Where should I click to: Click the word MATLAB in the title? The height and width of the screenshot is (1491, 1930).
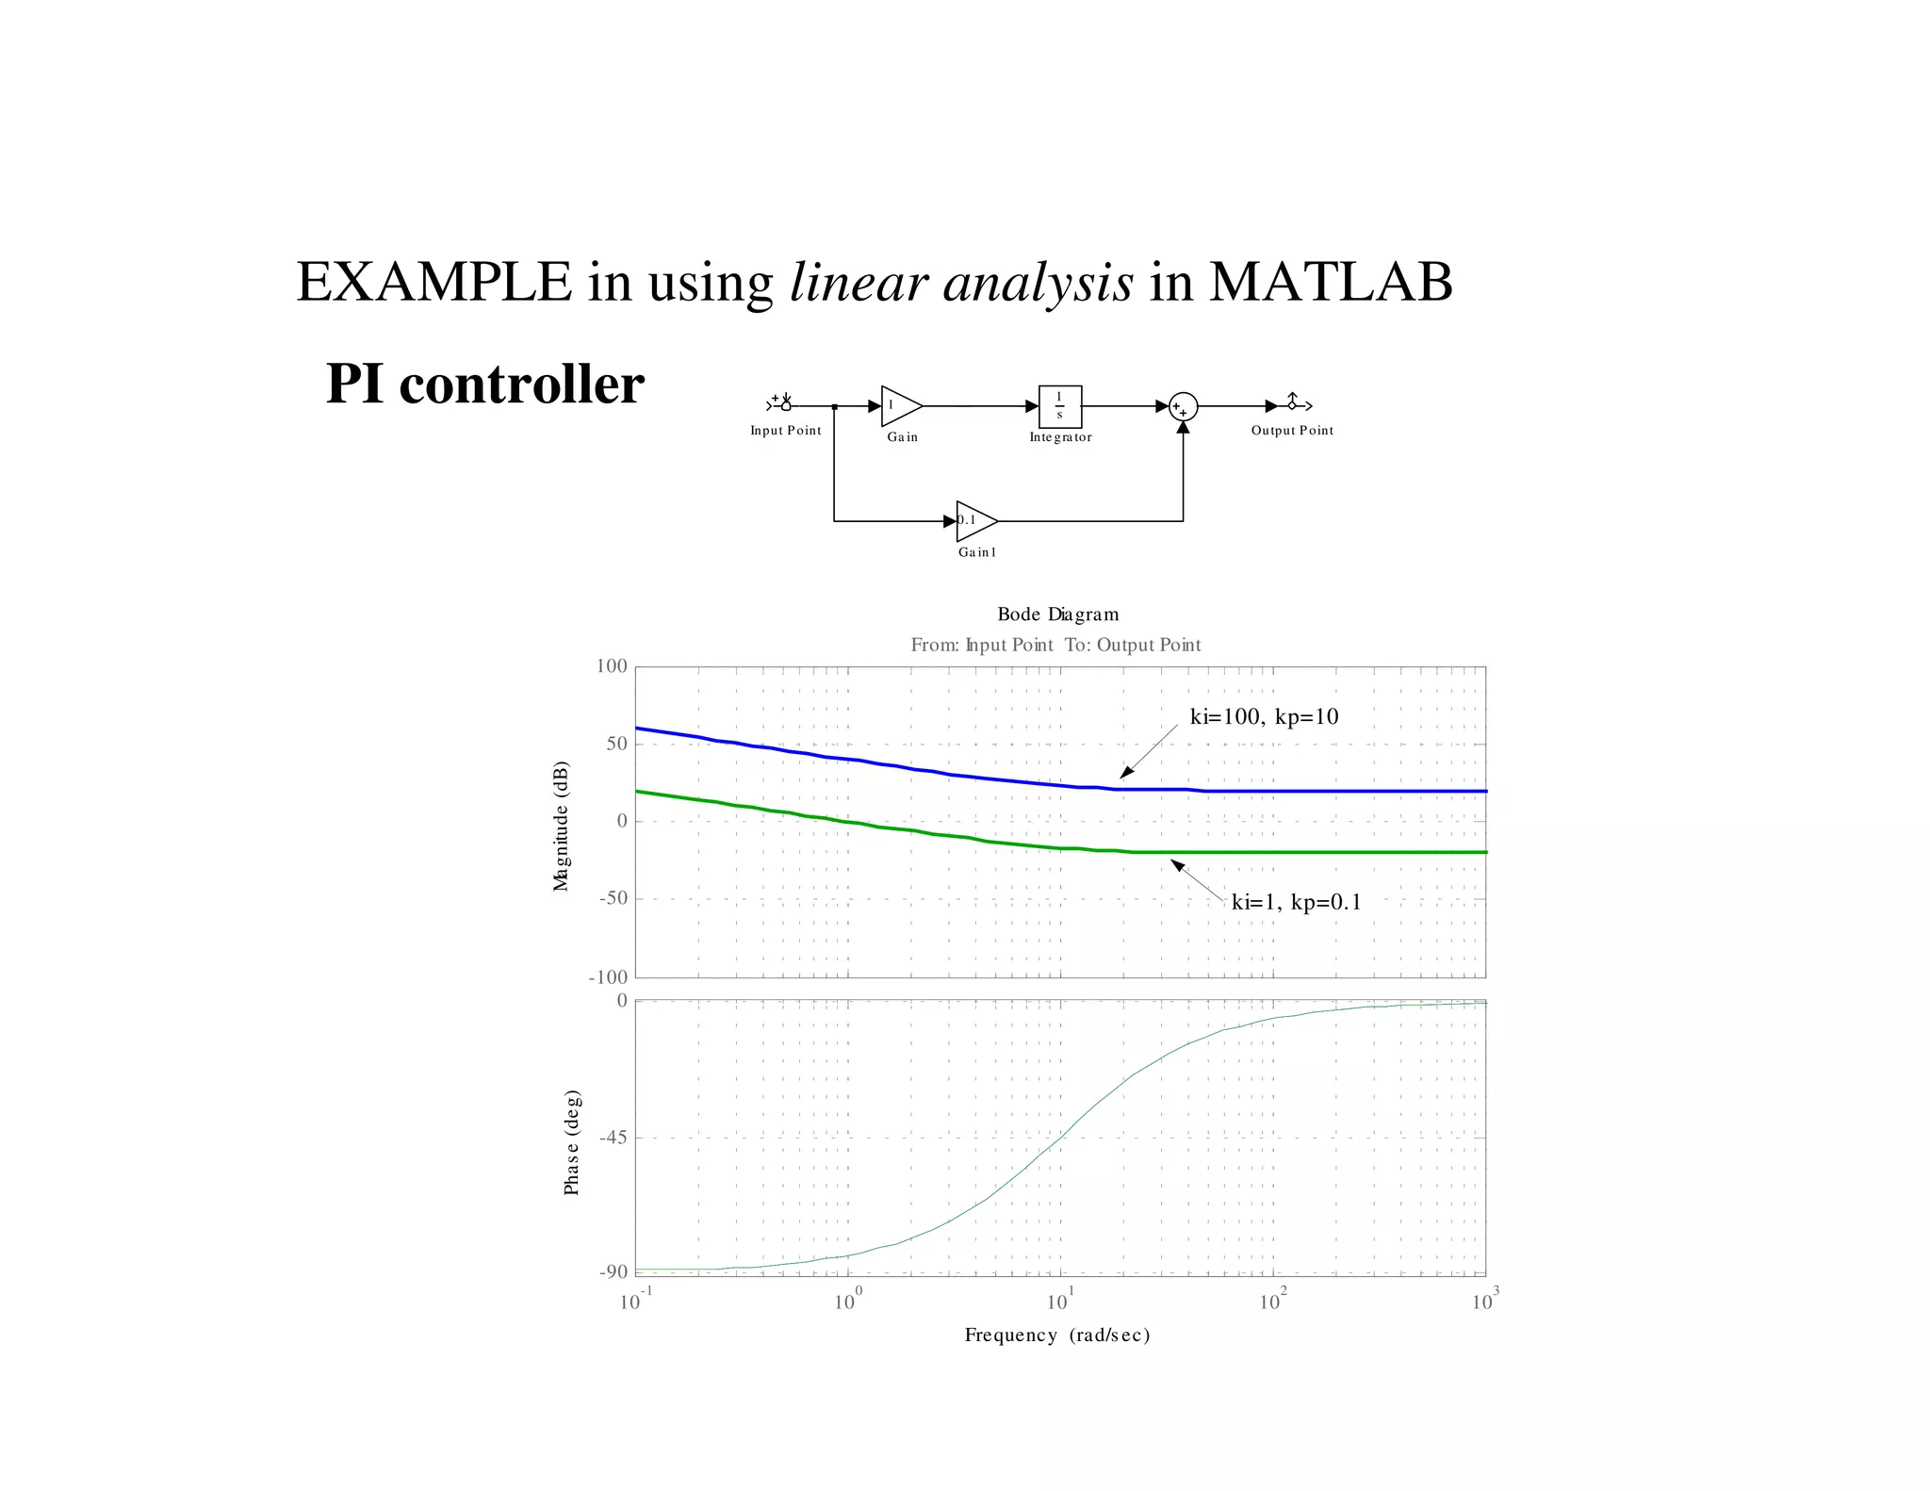coord(1330,282)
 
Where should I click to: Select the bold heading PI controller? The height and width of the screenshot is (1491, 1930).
coord(484,384)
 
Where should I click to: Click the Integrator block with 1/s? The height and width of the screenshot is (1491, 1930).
coord(1059,406)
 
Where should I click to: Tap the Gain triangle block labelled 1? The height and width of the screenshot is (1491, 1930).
coord(898,406)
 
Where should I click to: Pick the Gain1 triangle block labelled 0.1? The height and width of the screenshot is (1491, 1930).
coord(973,520)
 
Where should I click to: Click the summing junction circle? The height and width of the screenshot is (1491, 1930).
coord(1183,407)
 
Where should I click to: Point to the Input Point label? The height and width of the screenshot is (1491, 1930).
coord(785,431)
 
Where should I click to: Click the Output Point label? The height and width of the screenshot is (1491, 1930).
coord(1292,431)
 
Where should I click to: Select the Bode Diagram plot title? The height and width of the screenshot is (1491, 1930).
coord(1057,614)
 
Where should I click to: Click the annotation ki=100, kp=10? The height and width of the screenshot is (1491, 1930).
coord(1264,717)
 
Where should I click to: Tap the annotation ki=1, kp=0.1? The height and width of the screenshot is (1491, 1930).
coord(1296,903)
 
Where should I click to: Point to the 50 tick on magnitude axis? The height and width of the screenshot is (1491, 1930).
coord(616,744)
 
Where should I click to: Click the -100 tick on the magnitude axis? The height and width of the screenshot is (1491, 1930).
coord(608,977)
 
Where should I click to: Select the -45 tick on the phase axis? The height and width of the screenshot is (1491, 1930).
coord(613,1138)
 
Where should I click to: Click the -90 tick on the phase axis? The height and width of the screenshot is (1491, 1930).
coord(613,1272)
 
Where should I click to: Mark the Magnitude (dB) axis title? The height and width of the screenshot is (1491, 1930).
coord(562,826)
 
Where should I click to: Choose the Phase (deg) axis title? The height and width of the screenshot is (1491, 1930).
coord(572,1142)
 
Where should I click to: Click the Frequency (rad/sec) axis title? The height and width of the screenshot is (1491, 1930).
coord(1057,1335)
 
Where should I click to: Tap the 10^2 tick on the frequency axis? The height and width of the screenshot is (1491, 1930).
coord(1272,1302)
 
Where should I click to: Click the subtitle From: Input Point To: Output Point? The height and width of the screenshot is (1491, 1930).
coord(1055,646)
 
